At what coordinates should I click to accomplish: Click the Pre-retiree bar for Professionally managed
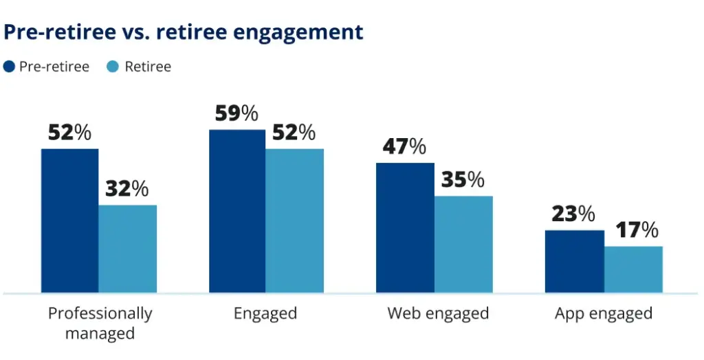[x=69, y=221]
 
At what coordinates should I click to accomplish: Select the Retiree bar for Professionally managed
[x=128, y=249]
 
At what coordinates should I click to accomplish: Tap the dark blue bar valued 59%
[x=237, y=211]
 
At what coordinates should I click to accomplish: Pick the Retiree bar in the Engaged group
[x=294, y=221]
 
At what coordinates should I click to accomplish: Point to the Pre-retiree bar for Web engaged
[x=405, y=227]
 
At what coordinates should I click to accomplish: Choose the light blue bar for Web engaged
[x=463, y=244]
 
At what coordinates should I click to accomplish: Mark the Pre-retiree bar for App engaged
[x=574, y=261]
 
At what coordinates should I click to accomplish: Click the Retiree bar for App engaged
[x=633, y=269]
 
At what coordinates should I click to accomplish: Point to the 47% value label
[x=404, y=147]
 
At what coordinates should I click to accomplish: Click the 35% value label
[x=462, y=180]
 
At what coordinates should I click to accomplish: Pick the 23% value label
[x=573, y=214]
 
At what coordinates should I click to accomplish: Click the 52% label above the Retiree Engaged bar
[x=294, y=133]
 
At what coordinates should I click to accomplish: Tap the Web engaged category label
[x=438, y=314]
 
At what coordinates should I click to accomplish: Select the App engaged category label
[x=603, y=314]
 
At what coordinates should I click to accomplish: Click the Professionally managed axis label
[x=100, y=324]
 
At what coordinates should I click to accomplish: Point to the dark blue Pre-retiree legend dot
[x=10, y=67]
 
